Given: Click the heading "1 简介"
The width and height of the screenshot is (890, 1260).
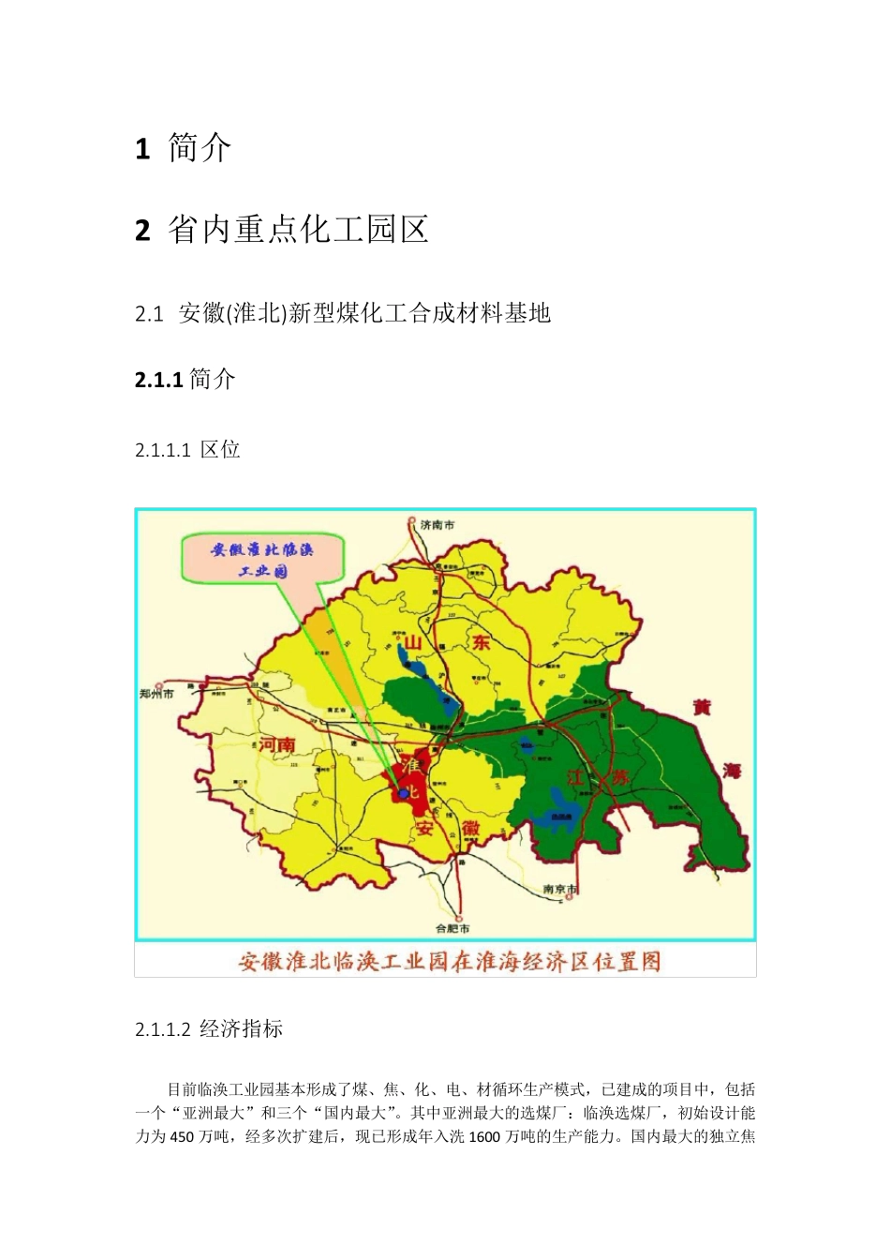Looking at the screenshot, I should [x=183, y=148].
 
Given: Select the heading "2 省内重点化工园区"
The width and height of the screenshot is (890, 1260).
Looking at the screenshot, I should [x=281, y=230].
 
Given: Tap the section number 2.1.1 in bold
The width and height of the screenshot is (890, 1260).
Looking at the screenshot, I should [x=157, y=380].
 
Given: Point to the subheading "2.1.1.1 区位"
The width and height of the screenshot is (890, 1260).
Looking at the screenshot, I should [x=187, y=450].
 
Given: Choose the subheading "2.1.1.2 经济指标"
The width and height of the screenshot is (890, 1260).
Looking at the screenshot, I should [x=209, y=1029].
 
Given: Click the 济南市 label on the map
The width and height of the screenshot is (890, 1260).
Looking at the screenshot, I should [x=437, y=525].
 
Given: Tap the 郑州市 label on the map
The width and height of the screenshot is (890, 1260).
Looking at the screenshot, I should [x=156, y=694].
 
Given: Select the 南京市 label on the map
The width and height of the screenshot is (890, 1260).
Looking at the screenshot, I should [x=560, y=889].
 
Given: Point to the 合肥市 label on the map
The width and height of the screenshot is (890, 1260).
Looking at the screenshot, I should [x=453, y=928].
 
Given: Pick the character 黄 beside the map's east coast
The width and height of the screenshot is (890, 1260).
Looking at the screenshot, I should [x=702, y=707].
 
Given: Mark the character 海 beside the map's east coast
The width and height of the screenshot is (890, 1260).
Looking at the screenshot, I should [x=732, y=771].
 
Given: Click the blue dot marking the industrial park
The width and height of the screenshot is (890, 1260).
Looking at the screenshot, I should [x=404, y=794].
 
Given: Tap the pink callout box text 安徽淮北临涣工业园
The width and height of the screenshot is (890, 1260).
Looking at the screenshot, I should [x=262, y=559].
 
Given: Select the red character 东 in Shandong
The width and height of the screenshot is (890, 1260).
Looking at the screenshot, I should [x=482, y=642].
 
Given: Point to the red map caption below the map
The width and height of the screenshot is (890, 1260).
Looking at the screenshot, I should [x=450, y=962].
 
